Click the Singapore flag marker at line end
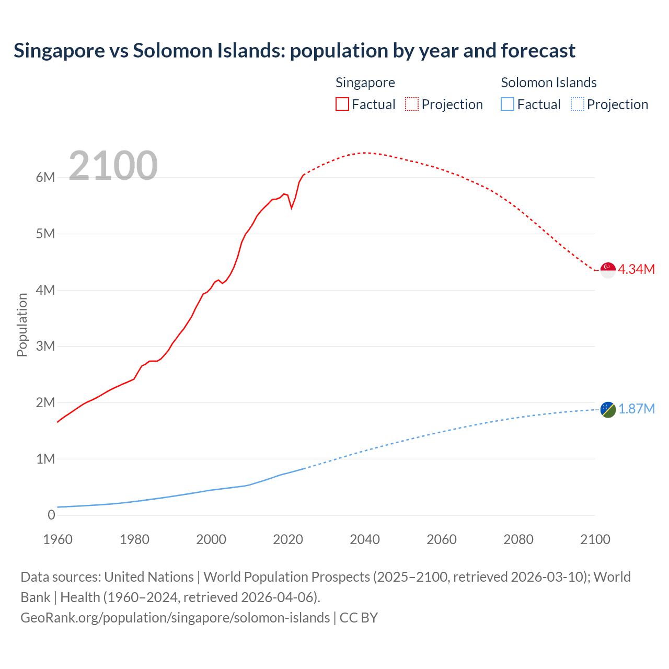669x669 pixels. coord(608,270)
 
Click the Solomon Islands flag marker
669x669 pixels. coord(608,410)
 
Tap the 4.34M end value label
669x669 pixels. coord(636,269)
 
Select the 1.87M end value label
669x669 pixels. coord(636,409)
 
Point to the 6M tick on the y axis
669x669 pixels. coord(45,177)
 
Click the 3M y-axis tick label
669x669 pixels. coord(45,346)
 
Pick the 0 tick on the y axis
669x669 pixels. coord(51,515)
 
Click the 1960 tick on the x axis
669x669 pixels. coord(57,539)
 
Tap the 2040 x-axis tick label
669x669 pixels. coord(365,539)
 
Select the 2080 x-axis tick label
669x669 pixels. coord(518,539)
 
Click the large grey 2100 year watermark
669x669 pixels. coord(113,166)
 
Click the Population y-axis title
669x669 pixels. coord(22,325)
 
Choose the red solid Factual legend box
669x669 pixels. coord(342,105)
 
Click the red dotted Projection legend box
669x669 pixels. coord(412,105)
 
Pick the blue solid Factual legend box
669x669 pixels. coord(507,105)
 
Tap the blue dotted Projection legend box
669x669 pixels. coord(578,105)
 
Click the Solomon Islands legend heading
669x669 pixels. coord(548,83)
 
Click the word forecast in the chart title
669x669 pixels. coord(538,51)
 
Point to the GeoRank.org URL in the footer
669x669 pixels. coord(175,618)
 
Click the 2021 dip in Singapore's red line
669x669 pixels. coord(292,207)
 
